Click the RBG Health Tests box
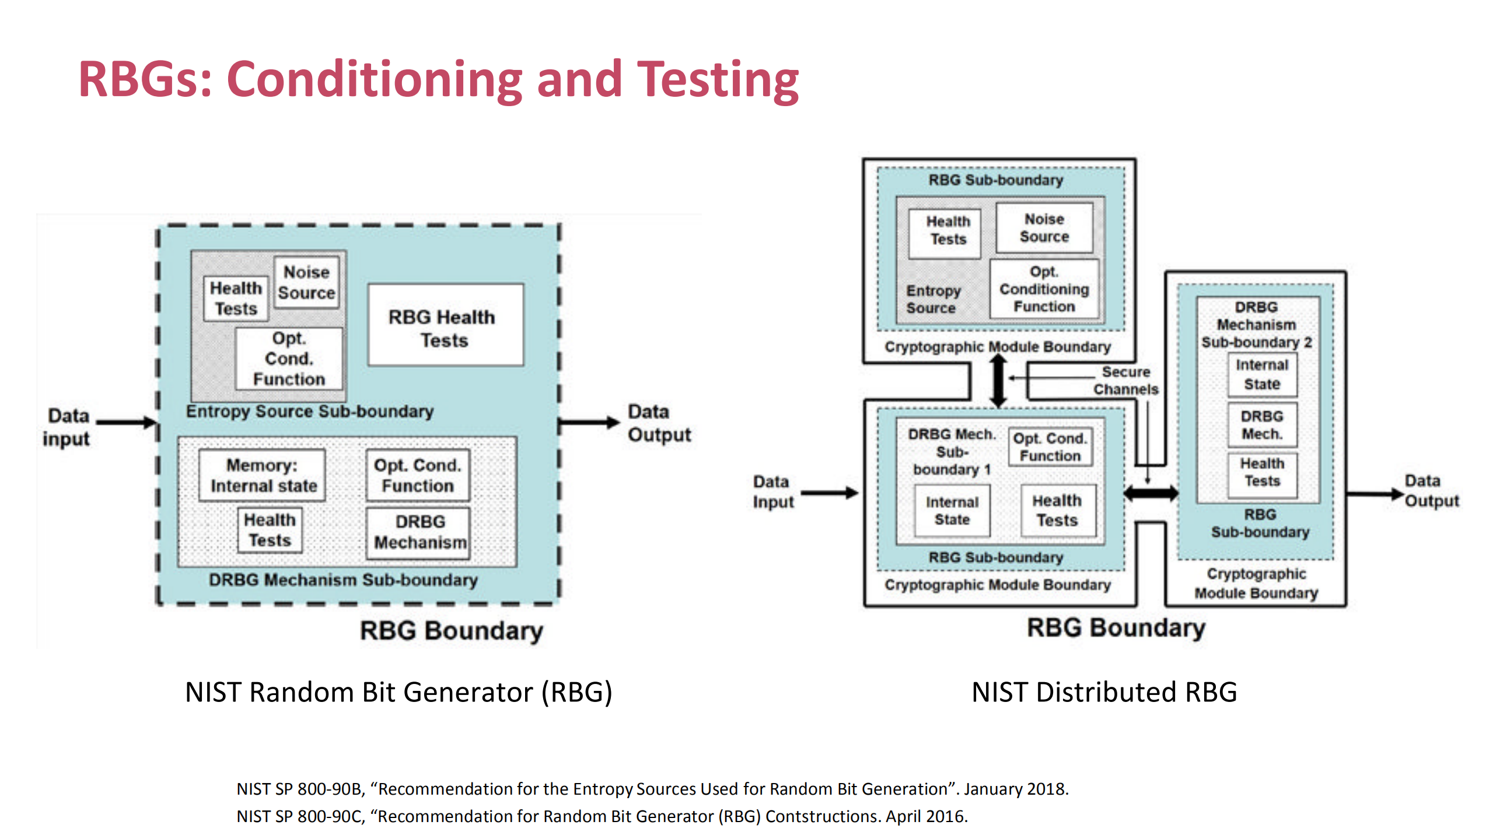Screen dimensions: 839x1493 pos(445,325)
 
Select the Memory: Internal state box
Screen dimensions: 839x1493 pos(263,475)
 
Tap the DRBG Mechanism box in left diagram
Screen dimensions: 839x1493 pos(419,532)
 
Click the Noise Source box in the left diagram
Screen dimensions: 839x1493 pos(306,283)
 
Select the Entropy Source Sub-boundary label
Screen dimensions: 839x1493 pos(309,412)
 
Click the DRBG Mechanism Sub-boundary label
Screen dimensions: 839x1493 pos(343,580)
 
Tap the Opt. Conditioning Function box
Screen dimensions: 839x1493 pos(1044,289)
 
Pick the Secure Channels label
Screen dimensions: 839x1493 pos(1125,380)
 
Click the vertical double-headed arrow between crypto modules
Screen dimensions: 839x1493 pos(998,381)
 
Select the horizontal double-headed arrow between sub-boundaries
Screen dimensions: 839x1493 pos(1151,493)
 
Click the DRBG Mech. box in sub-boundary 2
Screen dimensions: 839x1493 pos(1261,425)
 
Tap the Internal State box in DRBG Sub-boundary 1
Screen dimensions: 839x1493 pos(952,511)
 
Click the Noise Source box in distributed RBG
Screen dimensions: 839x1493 pos(1044,228)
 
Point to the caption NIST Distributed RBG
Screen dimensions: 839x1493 pos(1104,693)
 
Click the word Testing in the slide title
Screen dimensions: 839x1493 pos(718,80)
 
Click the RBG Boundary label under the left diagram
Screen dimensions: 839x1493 pos(451,631)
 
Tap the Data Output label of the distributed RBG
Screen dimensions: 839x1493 pos(1431,491)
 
